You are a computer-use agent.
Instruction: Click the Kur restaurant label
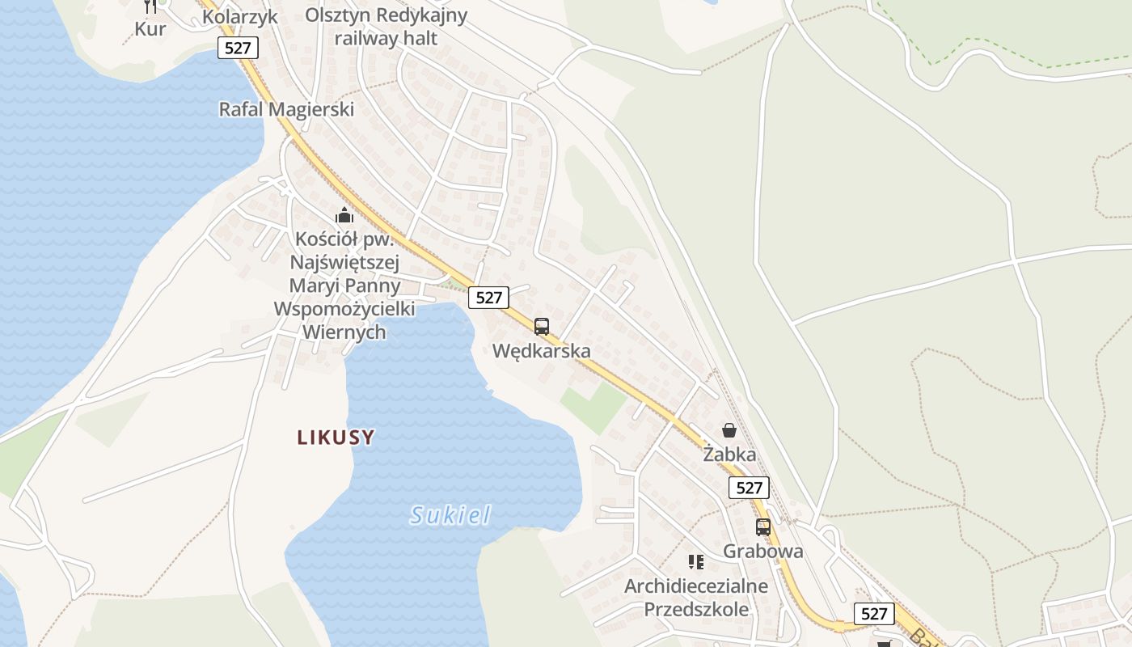(x=150, y=29)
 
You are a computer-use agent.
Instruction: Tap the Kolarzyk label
(x=239, y=17)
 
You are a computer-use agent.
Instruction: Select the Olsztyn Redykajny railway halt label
(x=386, y=27)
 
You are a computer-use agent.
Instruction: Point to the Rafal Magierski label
(x=286, y=109)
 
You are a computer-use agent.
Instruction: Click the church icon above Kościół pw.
(x=344, y=216)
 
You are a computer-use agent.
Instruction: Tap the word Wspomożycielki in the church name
(x=344, y=309)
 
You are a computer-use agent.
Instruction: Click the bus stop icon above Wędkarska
(x=542, y=327)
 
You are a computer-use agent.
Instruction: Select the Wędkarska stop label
(x=542, y=351)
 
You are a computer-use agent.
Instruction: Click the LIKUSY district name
(x=336, y=438)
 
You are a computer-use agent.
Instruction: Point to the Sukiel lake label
(x=450, y=515)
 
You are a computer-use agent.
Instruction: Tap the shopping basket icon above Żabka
(x=729, y=430)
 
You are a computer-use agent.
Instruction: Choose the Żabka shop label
(x=729, y=455)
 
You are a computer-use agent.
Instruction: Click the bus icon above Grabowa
(x=762, y=527)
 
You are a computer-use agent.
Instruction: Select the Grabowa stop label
(x=762, y=552)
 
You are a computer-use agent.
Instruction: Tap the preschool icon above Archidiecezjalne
(x=695, y=561)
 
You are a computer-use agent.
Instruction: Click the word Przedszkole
(x=695, y=609)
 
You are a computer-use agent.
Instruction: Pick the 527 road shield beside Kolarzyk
(x=238, y=48)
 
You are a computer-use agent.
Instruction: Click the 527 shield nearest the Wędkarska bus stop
(x=489, y=298)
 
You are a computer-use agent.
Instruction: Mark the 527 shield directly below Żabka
(x=750, y=488)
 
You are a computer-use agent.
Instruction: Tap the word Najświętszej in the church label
(x=344, y=262)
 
